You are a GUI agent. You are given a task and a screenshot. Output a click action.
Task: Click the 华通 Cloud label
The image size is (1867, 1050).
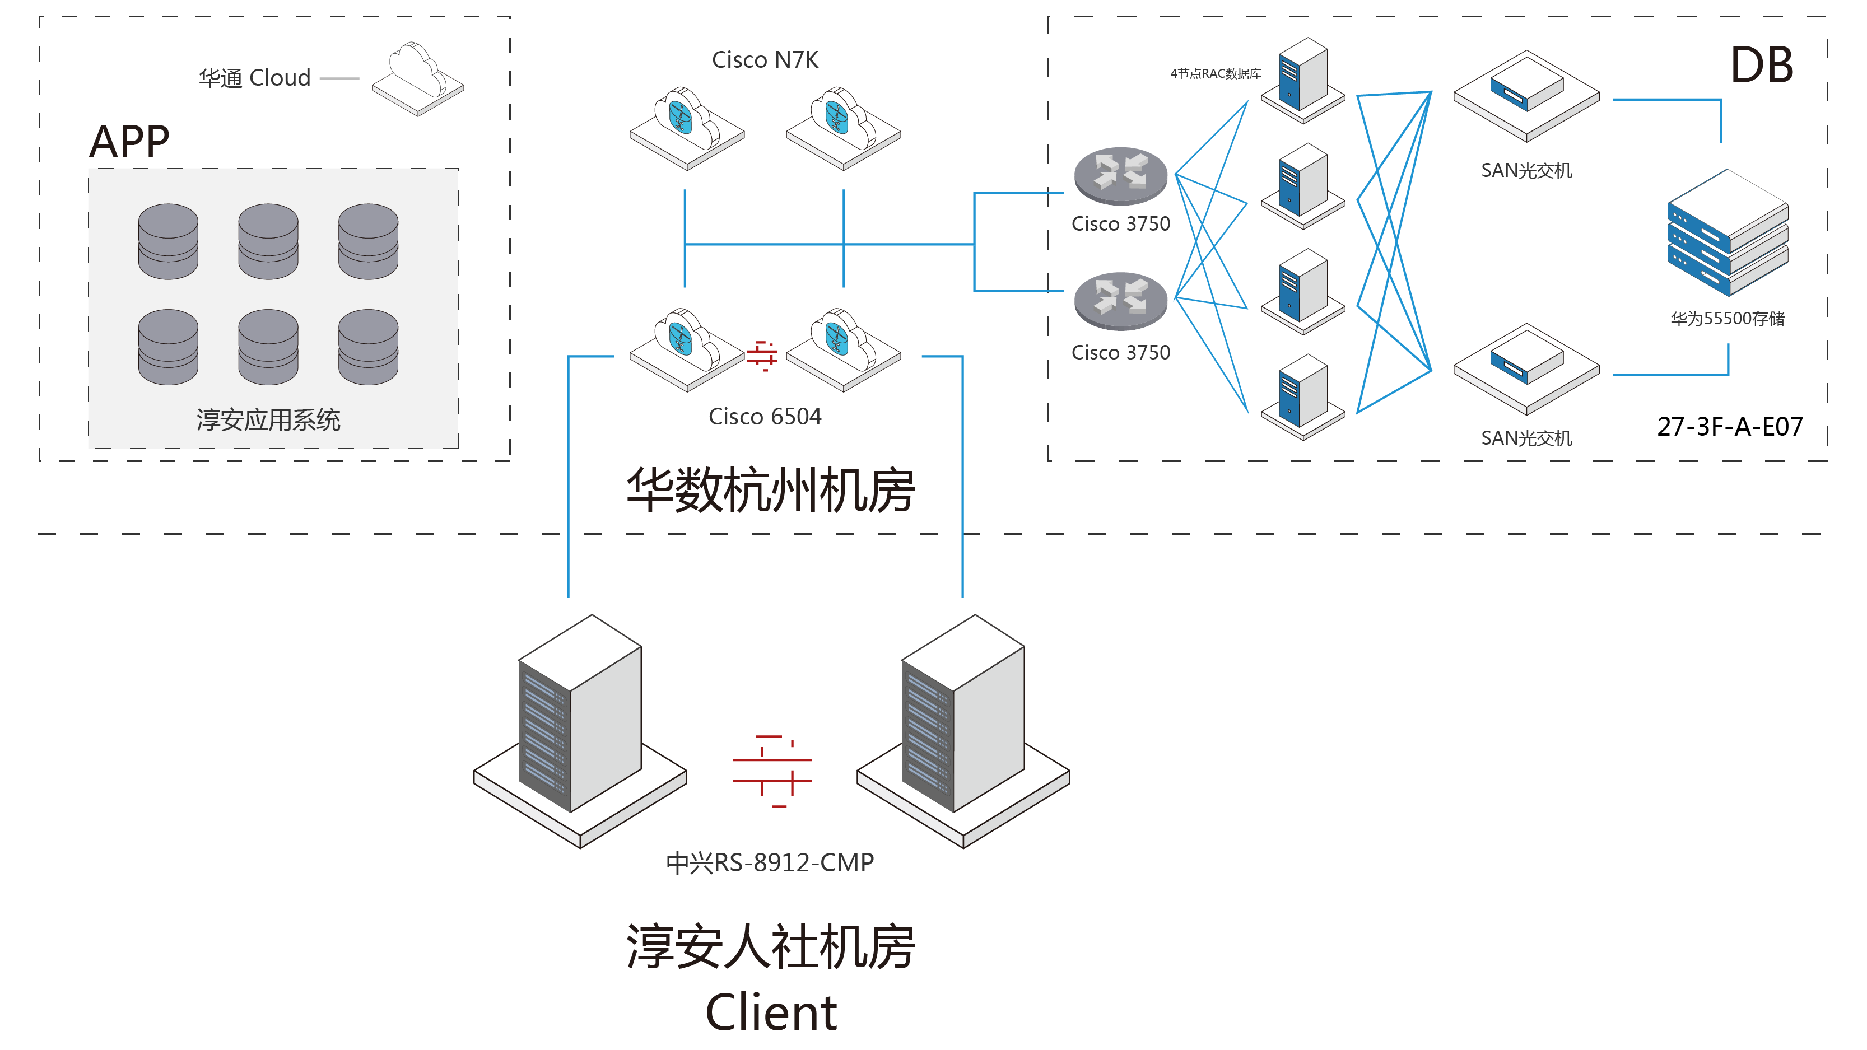coord(254,77)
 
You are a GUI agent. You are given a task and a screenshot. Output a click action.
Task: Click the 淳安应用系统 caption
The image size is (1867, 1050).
coord(268,419)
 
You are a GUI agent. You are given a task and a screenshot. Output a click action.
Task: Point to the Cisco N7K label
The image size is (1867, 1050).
coord(765,59)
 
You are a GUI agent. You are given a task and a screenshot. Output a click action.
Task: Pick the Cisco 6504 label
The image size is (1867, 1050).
coord(765,417)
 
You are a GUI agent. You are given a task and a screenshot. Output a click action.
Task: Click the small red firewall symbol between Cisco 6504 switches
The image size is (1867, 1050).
coord(762,355)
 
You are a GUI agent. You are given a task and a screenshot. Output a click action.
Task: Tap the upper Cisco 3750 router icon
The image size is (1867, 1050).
coord(1120,176)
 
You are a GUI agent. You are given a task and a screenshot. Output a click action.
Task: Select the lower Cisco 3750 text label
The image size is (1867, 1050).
coord(1120,353)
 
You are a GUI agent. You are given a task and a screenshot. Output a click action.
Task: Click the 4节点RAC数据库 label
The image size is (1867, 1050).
coord(1216,73)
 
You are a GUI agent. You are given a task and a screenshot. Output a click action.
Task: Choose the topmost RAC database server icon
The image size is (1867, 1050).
coord(1303,78)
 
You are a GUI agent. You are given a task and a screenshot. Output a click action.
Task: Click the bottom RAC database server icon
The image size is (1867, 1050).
coord(1303,395)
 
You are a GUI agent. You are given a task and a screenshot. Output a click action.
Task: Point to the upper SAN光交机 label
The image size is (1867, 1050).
coord(1526,170)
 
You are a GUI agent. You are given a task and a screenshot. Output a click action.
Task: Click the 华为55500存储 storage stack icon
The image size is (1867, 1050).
coord(1727,232)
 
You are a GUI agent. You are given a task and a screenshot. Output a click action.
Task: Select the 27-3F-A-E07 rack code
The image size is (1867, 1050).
coord(1729,427)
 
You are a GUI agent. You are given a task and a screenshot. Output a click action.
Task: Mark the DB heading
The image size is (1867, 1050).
coord(1761,65)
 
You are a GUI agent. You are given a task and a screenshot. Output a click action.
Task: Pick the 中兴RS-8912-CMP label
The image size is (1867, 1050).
coord(770,862)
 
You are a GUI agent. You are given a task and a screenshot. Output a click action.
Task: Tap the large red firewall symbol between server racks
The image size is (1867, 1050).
coord(772,771)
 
